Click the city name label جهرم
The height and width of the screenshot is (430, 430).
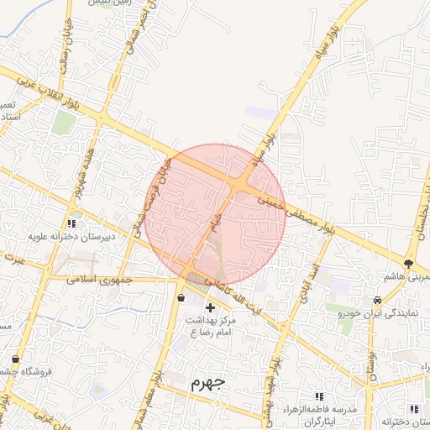coord(208,383)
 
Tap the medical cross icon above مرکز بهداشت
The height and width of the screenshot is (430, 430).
coord(210,307)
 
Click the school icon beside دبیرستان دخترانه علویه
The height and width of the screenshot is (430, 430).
coord(71,224)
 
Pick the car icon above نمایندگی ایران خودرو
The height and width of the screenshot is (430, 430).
coord(378,300)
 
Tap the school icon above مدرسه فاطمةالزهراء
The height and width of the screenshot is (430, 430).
coord(318,396)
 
